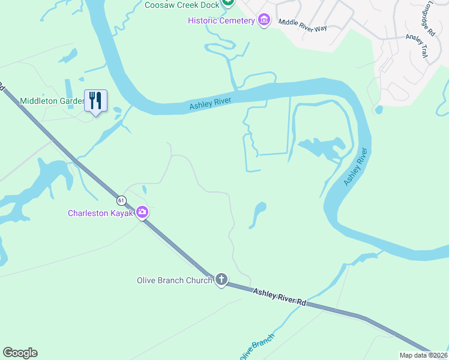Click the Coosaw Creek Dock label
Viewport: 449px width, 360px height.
(181, 5)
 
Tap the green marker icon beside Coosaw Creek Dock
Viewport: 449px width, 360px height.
(228, 4)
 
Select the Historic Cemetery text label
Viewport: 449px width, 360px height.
(221, 21)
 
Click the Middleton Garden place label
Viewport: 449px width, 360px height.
(52, 101)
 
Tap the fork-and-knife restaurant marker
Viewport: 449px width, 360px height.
(95, 100)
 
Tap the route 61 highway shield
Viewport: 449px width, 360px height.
(122, 200)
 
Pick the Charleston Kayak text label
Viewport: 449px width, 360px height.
(101, 213)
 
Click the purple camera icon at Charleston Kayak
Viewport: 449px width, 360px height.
(142, 212)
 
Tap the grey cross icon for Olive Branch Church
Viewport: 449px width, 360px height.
(221, 280)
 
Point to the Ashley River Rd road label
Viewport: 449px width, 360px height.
(279, 297)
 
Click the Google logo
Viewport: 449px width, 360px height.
(20, 353)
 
